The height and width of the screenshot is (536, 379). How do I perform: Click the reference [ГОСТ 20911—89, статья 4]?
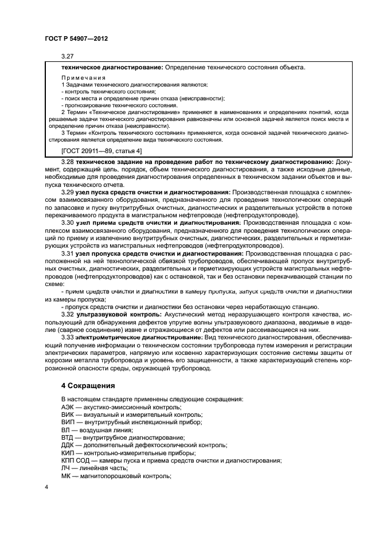[x=101, y=151]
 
